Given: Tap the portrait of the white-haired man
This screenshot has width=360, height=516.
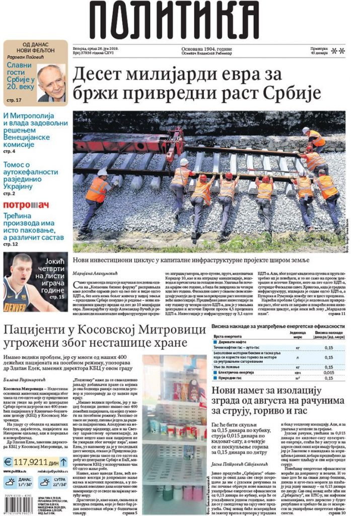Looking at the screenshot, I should coord(51,82).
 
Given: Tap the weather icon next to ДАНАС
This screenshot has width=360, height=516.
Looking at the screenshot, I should coord(10,481).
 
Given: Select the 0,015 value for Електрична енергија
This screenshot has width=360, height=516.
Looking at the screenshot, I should coord(328,372).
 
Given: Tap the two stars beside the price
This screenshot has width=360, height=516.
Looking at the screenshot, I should coord(338,50).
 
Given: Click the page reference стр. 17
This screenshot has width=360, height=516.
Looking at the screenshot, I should coord(14,100).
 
